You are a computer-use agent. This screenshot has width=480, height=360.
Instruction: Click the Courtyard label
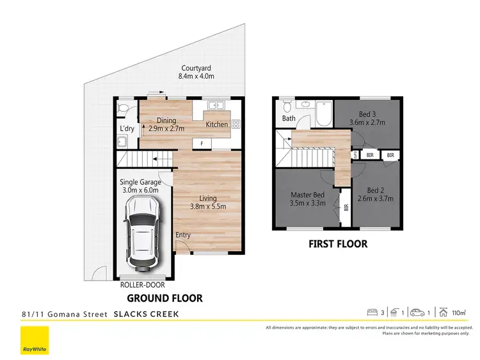[x=196, y=67]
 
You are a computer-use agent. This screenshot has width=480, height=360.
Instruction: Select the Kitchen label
[x=216, y=124]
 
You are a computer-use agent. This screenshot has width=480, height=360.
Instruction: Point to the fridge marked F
[x=202, y=143]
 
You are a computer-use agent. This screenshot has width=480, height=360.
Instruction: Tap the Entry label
[x=183, y=235]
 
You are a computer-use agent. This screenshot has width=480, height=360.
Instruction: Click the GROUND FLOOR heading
[x=164, y=298]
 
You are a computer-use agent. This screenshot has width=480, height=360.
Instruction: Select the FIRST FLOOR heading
[x=338, y=244]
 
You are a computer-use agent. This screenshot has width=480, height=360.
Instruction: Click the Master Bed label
[x=308, y=195]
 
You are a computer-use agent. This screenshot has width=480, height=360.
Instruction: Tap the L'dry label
[x=127, y=129]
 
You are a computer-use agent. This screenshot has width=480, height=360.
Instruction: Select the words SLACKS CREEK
[x=146, y=314]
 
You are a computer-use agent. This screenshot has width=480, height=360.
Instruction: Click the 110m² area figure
[x=458, y=313]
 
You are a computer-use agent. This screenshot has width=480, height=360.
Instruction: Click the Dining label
[x=166, y=120]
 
